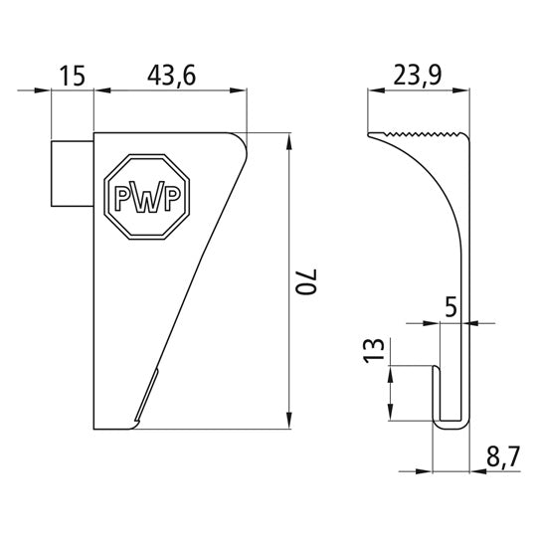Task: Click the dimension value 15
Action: tap(72, 76)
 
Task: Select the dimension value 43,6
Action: tap(172, 77)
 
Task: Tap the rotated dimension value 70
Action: tap(306, 282)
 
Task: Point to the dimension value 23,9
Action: tap(418, 77)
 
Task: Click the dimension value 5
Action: tap(451, 306)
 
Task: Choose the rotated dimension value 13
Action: tap(374, 350)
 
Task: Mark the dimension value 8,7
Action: tap(503, 457)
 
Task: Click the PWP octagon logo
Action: tap(147, 197)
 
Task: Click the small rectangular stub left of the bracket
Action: tap(72, 174)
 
